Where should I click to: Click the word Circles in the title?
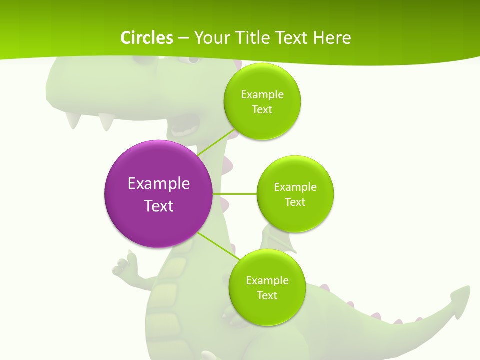(x=146, y=38)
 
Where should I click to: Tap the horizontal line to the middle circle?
(x=235, y=194)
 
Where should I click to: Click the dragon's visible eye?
(x=187, y=60)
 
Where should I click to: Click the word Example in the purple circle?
(x=159, y=183)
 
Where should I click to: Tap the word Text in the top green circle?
(x=262, y=110)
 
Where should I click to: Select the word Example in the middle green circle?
(x=295, y=187)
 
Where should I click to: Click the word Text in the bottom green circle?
(x=267, y=295)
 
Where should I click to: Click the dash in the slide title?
(x=183, y=38)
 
